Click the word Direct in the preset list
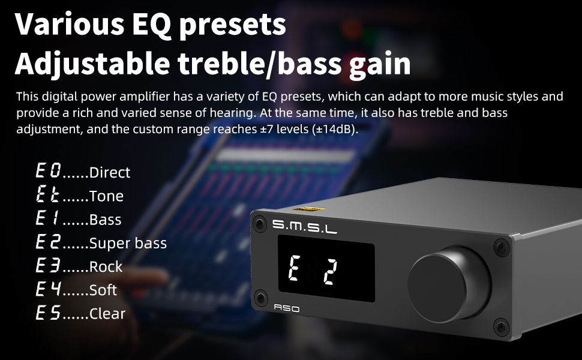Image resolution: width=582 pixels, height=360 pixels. point(109,172)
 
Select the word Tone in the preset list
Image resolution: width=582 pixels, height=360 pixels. point(106,196)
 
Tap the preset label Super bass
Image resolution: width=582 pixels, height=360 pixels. point(128,243)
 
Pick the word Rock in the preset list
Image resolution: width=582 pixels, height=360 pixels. point(106,266)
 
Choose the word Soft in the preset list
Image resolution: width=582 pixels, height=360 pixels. point(103,290)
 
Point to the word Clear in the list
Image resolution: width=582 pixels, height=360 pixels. point(107,314)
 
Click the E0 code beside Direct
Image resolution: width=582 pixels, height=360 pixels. point(48,171)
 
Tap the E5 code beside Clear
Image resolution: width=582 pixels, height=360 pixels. point(48,313)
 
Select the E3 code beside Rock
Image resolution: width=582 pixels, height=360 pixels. point(48,265)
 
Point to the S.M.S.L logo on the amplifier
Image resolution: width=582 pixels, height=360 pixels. point(304,226)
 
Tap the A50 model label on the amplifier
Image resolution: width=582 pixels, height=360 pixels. point(287,308)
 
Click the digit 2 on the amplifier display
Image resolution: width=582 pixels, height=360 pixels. point(329,272)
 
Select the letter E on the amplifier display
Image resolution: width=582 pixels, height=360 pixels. point(295,268)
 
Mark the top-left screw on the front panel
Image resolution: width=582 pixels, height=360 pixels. point(259,224)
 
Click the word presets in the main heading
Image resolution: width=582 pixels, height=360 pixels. point(232,25)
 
